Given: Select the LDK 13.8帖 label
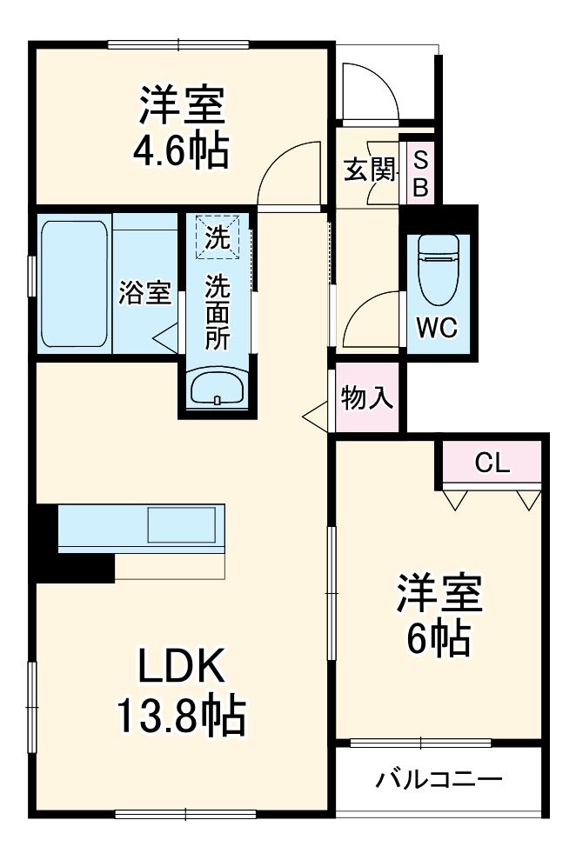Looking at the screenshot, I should [183, 690].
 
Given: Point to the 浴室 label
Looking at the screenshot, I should [144, 293].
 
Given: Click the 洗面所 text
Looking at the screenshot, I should [217, 310].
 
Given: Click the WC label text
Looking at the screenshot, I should [438, 328].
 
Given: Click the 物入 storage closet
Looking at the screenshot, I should [367, 399].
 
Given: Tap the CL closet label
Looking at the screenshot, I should [492, 463].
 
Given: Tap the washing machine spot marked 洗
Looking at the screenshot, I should [217, 237].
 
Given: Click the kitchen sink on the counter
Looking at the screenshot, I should [181, 524].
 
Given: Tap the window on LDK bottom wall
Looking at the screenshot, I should [184, 815].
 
